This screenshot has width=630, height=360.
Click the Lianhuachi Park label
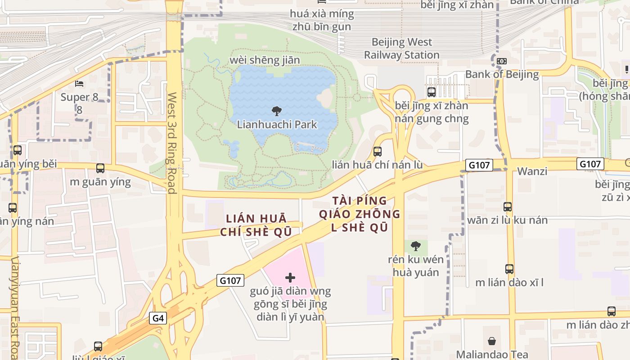[277, 125]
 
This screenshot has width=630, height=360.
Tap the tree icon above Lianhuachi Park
[277, 111]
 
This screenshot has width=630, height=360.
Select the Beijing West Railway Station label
[401, 49]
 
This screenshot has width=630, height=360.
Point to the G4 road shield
[158, 319]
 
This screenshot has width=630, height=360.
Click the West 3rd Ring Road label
[171, 143]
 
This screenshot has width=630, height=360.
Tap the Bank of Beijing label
[502, 74]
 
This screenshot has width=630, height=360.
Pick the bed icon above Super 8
[79, 84]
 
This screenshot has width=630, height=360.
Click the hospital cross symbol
[290, 278]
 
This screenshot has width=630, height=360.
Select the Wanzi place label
[532, 171]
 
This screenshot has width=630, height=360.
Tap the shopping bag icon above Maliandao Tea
[492, 341]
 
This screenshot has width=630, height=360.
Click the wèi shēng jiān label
[265, 60]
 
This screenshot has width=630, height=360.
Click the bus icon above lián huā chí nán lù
[378, 152]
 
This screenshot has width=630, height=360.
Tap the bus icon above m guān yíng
[100, 168]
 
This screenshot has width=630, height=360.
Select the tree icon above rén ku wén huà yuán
[416, 246]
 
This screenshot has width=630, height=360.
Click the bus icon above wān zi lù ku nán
[508, 207]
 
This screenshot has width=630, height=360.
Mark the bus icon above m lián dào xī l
[509, 269]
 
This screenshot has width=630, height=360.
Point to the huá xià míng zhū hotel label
[322, 20]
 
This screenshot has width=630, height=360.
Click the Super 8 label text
[75, 97]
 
